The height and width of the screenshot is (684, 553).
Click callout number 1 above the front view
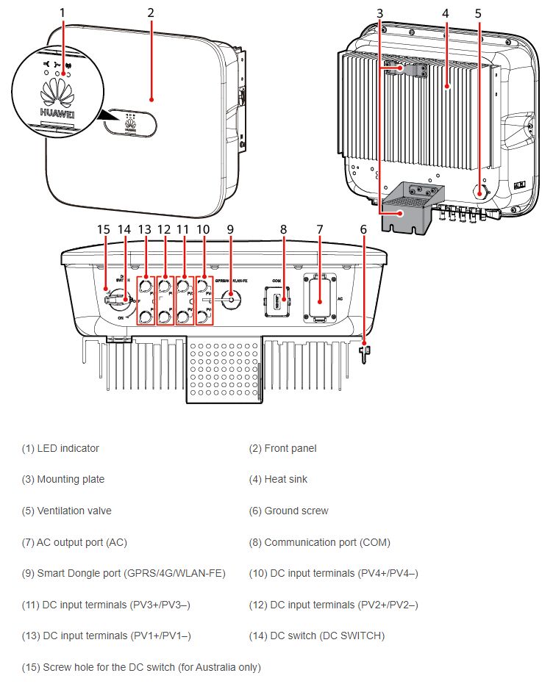click(63, 12)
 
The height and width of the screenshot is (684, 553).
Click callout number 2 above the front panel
click(151, 12)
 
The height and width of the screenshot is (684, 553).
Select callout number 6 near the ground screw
click(363, 229)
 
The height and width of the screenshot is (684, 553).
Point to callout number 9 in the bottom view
click(230, 229)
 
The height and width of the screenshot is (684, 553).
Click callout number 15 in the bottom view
click(103, 229)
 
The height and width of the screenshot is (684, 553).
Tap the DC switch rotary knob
click(118, 300)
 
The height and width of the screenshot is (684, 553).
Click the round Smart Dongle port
click(230, 300)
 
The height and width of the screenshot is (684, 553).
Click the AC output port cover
click(320, 299)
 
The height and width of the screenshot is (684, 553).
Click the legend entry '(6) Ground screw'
click(296, 511)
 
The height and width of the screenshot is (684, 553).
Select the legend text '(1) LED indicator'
click(60, 448)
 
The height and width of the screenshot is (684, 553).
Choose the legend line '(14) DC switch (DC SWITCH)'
click(316, 636)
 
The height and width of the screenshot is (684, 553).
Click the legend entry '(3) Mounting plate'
click(63, 479)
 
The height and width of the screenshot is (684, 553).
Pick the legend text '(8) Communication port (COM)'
click(319, 542)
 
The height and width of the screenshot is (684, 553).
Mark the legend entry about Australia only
click(141, 667)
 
